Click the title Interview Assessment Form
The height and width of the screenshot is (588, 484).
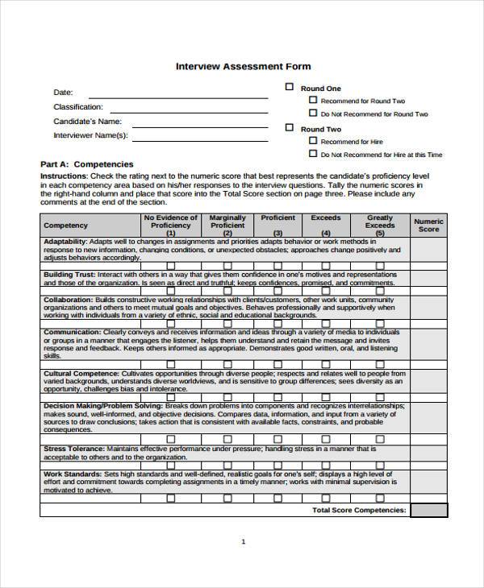click(243, 66)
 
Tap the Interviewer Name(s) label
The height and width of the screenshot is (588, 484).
click(90, 135)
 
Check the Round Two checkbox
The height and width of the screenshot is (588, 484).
click(289, 128)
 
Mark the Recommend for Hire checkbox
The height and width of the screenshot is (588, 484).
click(313, 141)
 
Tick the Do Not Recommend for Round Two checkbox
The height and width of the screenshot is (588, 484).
click(313, 114)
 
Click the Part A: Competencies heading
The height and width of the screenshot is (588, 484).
click(86, 164)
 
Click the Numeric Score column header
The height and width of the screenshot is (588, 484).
click(428, 225)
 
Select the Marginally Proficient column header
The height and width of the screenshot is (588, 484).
click(227, 222)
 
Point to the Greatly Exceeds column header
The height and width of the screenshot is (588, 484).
click(380, 222)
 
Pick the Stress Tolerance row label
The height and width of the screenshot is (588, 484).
click(73, 448)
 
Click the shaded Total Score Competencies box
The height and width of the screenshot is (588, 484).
click(428, 510)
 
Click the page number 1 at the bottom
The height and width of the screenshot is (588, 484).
click(243, 541)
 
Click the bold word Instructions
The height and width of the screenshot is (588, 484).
click(64, 176)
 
